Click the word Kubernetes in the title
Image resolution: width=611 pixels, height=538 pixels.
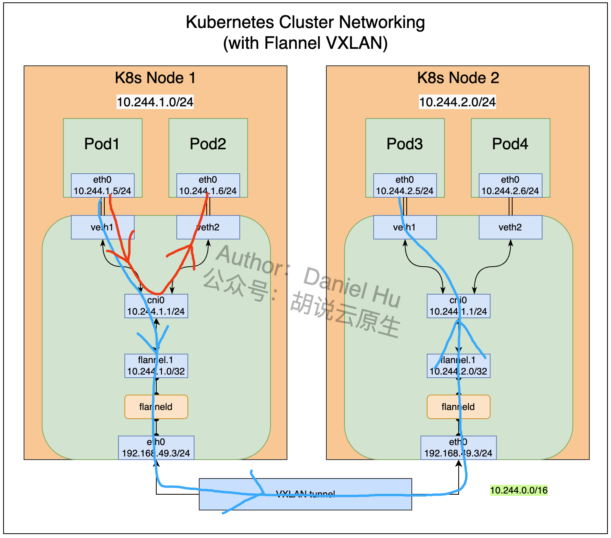(230, 22)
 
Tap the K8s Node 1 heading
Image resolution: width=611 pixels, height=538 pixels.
(155, 78)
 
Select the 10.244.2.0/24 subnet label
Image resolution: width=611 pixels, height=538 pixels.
(457, 102)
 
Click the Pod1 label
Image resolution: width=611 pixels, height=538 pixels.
(102, 144)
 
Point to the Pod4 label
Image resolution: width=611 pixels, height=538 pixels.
(510, 144)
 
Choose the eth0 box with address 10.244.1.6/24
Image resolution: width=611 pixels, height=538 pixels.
(208, 186)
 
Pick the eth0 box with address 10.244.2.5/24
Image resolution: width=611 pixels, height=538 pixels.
(405, 186)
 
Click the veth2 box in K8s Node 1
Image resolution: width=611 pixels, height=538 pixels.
(208, 227)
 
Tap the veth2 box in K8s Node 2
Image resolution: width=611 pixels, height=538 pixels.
(510, 227)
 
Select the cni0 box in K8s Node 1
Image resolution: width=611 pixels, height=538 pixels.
(156, 306)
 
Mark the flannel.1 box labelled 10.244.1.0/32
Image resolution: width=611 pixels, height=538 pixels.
(156, 366)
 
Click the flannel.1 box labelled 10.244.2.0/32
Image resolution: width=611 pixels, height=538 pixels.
(458, 366)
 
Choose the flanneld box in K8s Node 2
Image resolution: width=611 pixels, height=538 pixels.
(458, 407)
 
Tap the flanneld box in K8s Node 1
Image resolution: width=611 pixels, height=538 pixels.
(156, 407)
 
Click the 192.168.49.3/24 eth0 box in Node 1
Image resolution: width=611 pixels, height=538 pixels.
(156, 448)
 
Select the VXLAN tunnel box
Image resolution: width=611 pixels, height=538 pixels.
(305, 494)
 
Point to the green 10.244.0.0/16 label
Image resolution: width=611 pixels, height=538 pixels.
(518, 490)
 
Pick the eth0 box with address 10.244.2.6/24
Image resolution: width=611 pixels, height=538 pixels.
(510, 186)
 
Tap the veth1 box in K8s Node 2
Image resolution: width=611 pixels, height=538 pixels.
(405, 227)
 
